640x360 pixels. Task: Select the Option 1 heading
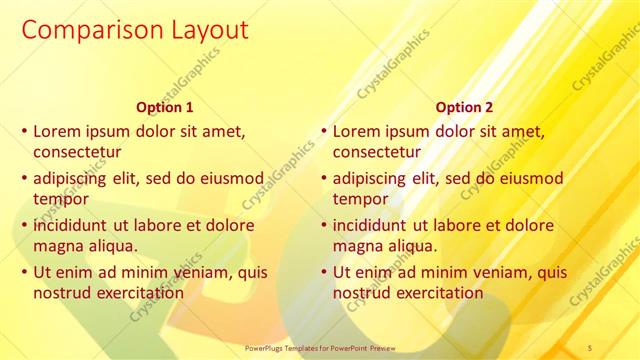point(165,107)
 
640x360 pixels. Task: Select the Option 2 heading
point(465,107)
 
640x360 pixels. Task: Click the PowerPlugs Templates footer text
point(320,347)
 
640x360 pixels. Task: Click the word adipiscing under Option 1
point(75,178)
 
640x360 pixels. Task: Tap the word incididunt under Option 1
point(76,225)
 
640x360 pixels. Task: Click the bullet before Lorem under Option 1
point(24,131)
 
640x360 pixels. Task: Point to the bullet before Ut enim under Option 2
point(324,272)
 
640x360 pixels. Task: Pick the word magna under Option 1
point(57,246)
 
